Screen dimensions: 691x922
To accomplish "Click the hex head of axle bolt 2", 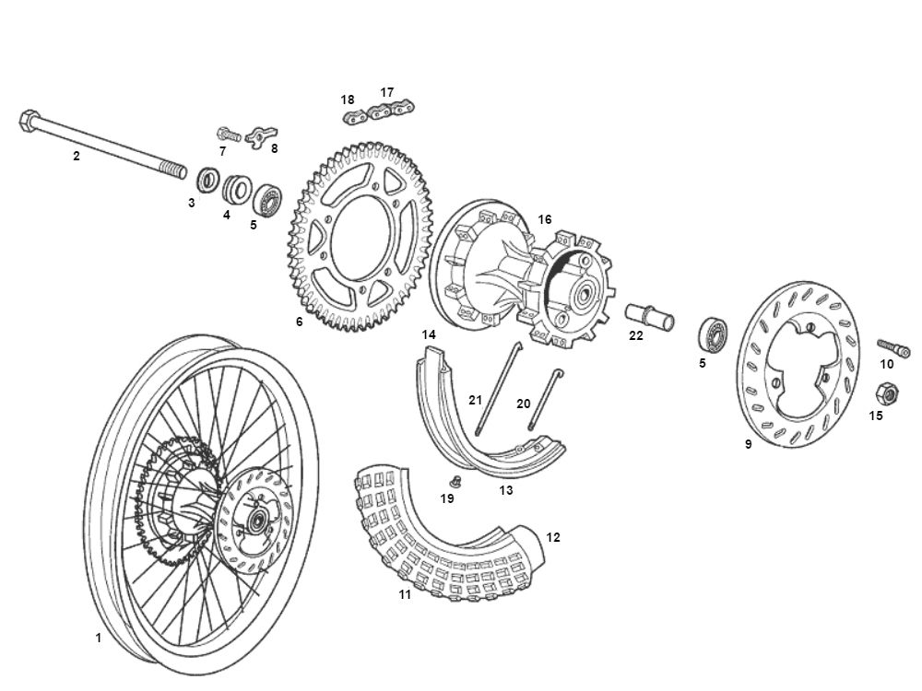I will [28, 121].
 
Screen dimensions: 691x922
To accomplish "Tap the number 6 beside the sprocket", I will [299, 322].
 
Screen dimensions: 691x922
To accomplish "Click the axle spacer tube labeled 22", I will [651, 318].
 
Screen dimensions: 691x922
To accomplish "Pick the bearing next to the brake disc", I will [715, 332].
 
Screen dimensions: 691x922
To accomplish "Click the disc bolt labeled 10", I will [893, 347].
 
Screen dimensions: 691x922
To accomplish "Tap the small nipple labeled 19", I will [454, 481].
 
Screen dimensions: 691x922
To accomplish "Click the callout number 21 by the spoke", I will [476, 400].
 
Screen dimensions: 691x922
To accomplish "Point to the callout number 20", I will [524, 404].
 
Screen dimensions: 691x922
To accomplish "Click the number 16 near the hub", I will [545, 219].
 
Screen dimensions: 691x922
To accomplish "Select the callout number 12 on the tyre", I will [552, 537].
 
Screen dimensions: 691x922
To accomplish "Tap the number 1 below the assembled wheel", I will [99, 638].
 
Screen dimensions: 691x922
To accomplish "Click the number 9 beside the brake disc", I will [748, 444].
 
